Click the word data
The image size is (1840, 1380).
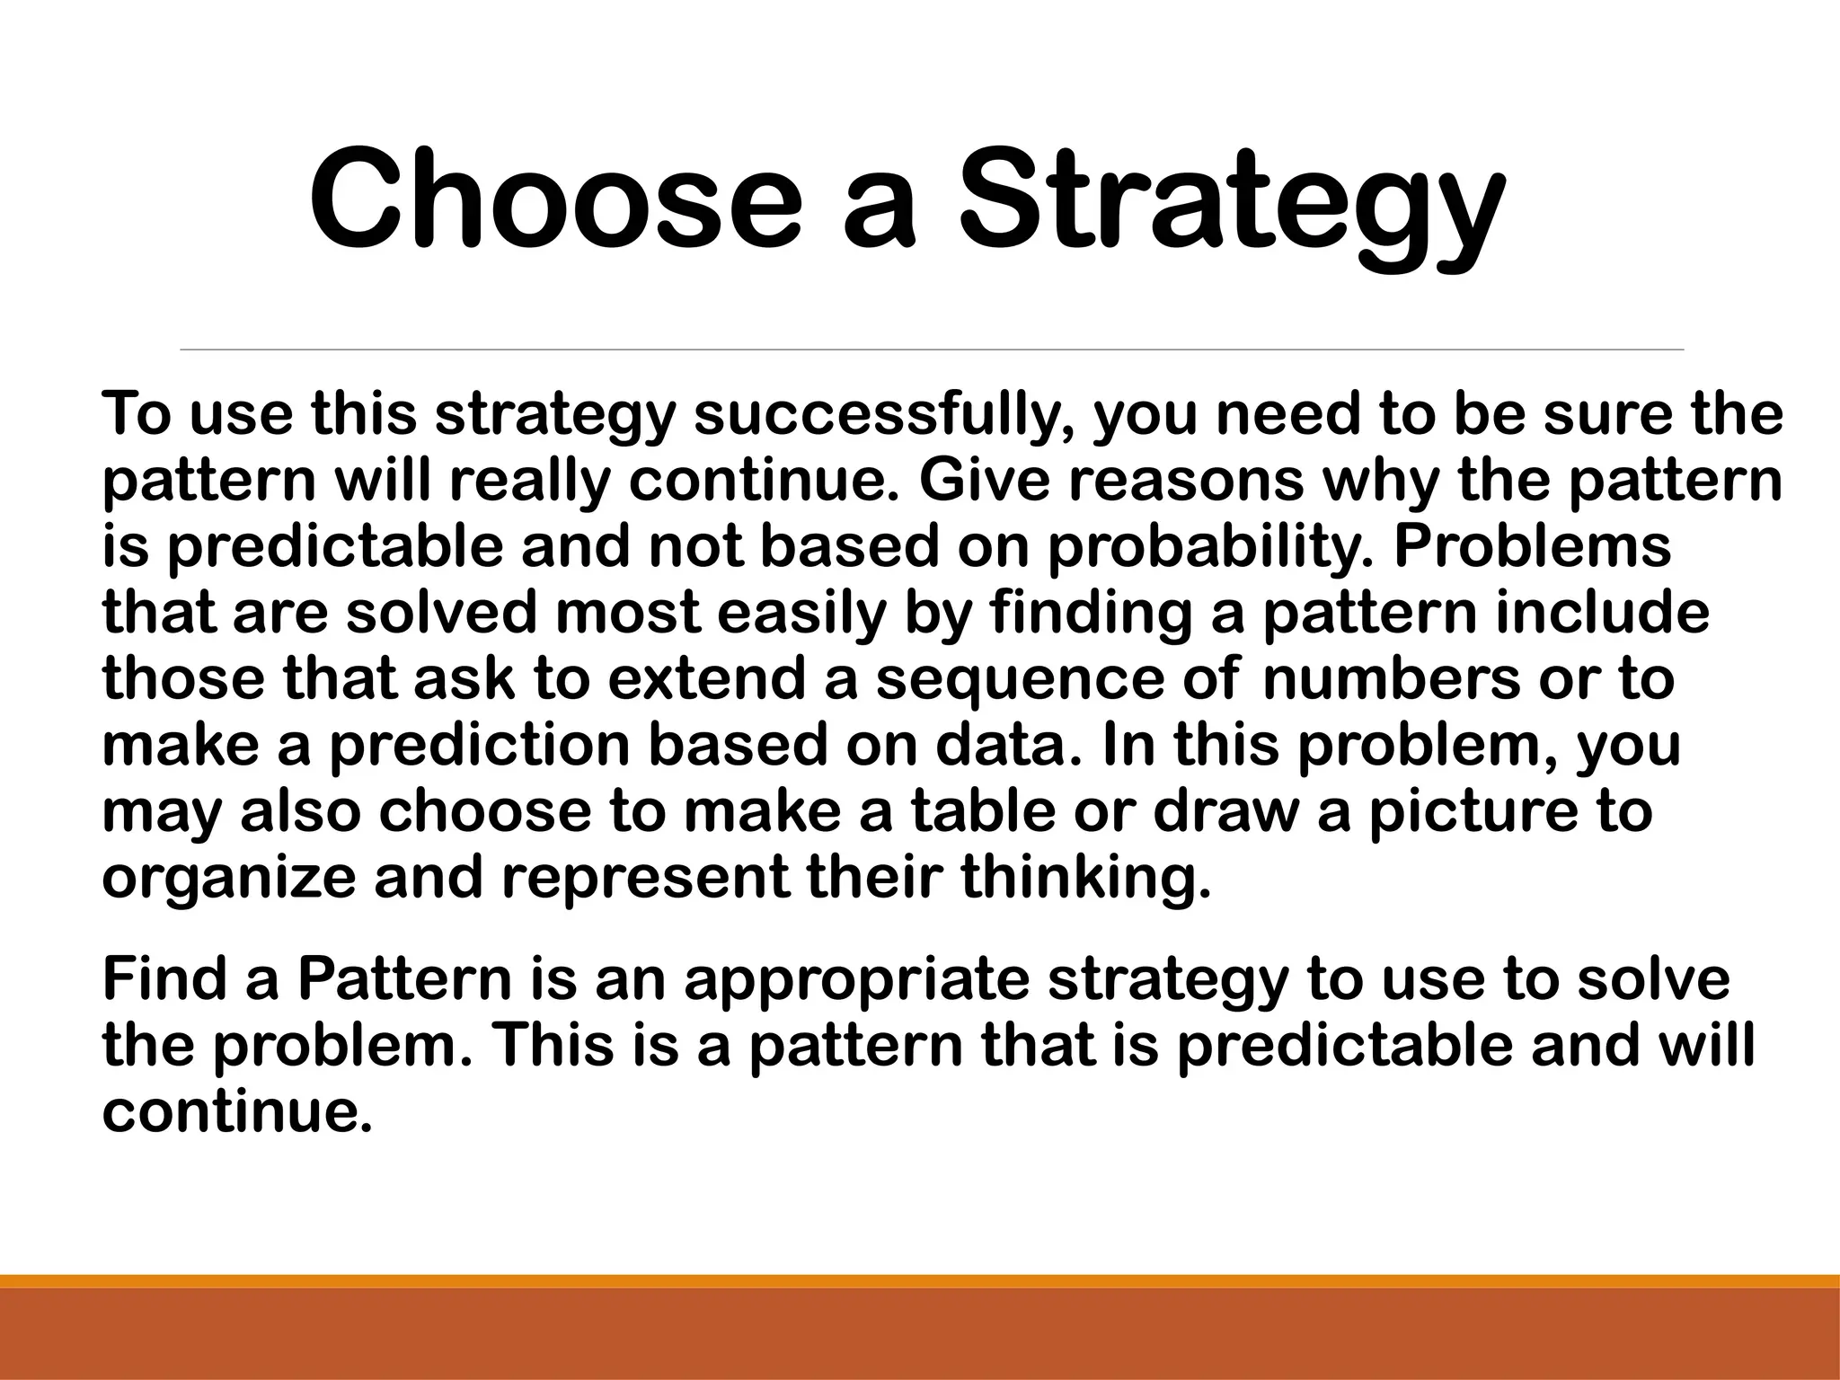pos(1004,747)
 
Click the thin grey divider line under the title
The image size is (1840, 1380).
pos(932,349)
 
